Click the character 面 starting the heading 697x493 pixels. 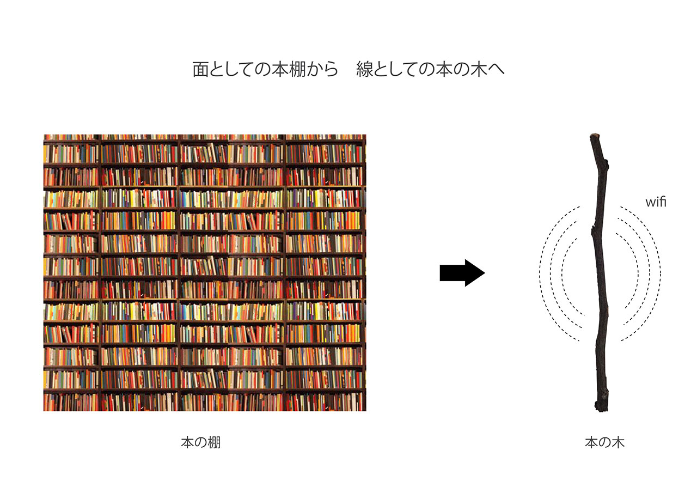point(201,70)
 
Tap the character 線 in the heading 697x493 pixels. point(364,70)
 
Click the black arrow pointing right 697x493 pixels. point(462,273)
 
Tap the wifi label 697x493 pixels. point(656,203)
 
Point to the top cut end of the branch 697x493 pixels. point(595,136)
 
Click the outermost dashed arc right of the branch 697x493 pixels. point(660,272)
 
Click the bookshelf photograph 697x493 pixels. point(205,272)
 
